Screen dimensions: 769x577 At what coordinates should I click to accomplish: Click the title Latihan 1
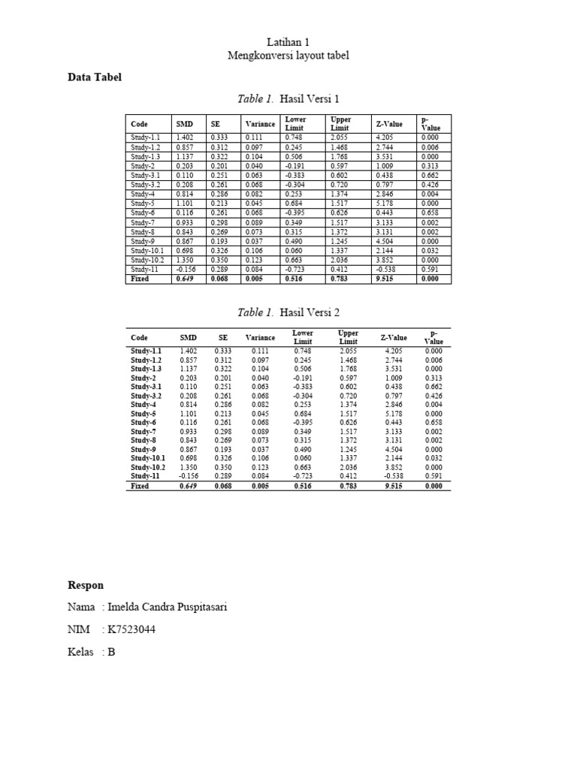tap(288, 43)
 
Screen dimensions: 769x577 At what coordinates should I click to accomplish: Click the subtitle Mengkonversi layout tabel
tap(288, 56)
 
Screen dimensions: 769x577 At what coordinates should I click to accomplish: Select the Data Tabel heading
tap(94, 77)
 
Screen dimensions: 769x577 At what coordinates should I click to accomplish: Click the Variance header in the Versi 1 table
tap(260, 124)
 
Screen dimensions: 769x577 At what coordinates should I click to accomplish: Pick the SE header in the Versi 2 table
tap(222, 338)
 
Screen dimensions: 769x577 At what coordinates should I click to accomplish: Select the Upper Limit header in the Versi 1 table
tap(340, 124)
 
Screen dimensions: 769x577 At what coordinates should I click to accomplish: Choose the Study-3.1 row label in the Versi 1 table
tap(145, 175)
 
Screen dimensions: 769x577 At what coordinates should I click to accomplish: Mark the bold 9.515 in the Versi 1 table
tap(384, 279)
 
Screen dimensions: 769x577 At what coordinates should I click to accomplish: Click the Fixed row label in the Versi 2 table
tap(140, 486)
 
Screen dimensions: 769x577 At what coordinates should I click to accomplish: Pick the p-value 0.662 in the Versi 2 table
tap(433, 386)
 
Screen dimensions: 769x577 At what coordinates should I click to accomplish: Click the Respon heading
tap(86, 585)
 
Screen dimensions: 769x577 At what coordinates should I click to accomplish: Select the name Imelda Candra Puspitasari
tap(167, 607)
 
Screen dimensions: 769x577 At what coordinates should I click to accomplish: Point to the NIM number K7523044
tap(136, 629)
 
